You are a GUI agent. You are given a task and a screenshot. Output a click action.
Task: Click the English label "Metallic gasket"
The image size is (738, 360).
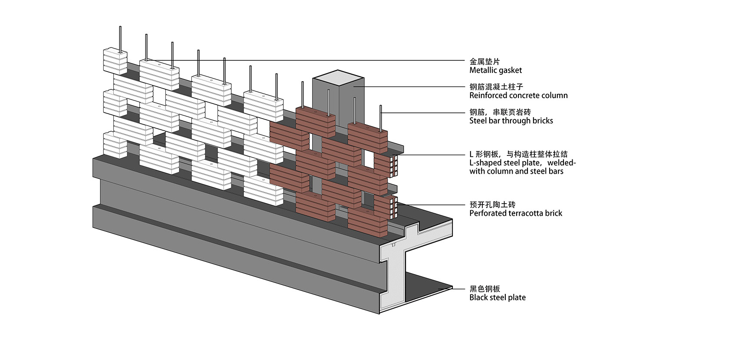click(495, 70)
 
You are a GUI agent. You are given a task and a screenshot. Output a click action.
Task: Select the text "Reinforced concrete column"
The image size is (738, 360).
click(518, 96)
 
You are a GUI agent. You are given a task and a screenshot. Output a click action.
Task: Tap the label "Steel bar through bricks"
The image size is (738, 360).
click(511, 121)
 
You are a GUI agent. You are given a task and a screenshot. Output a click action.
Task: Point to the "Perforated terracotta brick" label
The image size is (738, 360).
click(515, 213)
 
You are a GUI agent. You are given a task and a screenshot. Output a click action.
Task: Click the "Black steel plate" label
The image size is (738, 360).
click(497, 297)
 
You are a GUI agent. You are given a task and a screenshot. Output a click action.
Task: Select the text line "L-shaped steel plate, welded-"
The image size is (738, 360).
click(522, 163)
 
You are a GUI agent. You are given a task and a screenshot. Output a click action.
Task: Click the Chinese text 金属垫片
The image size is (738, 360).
click(484, 62)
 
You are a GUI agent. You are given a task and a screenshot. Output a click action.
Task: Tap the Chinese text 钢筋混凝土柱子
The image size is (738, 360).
click(496, 87)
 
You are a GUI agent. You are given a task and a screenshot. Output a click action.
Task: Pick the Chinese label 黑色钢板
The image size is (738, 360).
click(484, 289)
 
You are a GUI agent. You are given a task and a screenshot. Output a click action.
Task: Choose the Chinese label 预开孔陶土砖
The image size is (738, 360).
click(492, 205)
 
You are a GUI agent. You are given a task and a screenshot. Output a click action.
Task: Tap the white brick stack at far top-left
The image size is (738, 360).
click(115, 61)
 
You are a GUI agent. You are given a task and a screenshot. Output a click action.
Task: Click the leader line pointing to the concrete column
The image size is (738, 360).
click(412, 87)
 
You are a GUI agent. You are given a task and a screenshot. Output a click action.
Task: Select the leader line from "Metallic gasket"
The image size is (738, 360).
click(304, 60)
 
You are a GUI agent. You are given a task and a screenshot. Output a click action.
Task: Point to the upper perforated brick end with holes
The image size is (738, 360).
click(394, 166)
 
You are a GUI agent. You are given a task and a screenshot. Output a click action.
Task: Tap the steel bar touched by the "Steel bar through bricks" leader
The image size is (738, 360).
click(381, 117)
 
